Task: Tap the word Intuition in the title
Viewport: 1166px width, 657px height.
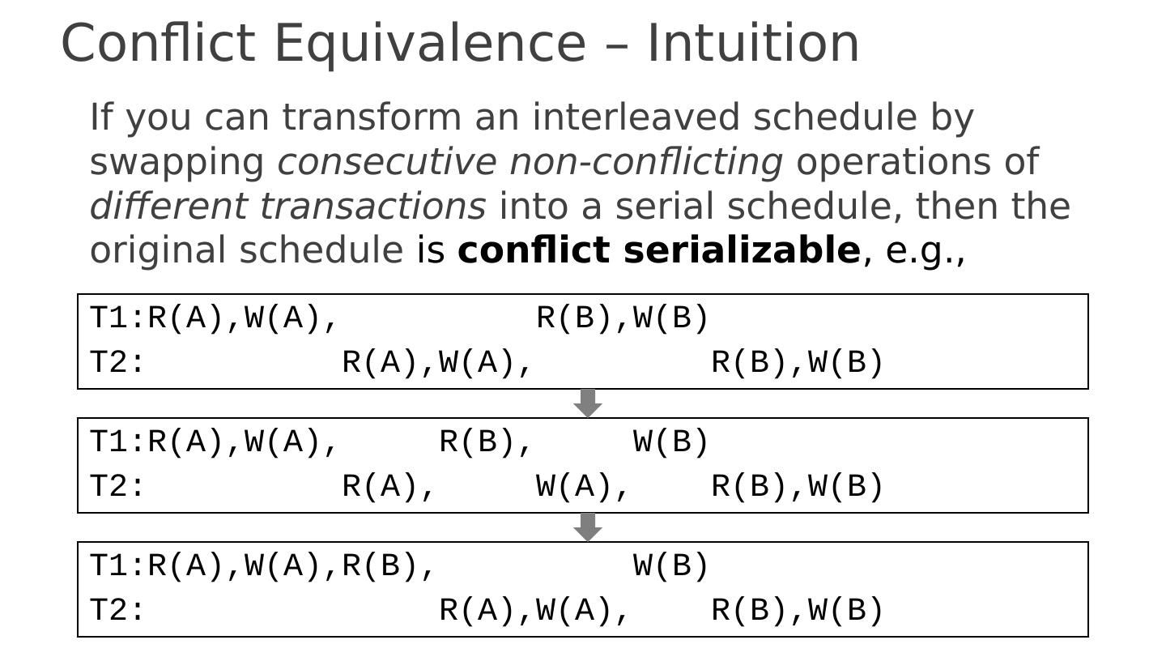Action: pos(753,44)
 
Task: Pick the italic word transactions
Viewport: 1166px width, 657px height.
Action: pos(372,206)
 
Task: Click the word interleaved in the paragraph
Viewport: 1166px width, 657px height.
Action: pos(636,117)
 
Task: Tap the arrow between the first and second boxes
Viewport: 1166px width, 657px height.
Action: pos(588,403)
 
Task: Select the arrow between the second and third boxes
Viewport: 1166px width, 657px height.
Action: pos(588,527)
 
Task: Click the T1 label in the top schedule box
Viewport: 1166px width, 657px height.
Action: pos(109,318)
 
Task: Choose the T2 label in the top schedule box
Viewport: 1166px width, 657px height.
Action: pos(109,363)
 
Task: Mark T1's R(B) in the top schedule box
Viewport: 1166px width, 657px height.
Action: pos(574,318)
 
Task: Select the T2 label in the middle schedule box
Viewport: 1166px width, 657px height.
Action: pos(109,487)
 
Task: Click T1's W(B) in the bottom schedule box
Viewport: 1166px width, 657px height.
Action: pos(671,566)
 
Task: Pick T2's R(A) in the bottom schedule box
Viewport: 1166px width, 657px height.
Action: pos(478,611)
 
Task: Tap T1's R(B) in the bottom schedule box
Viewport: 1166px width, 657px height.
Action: pos(381,566)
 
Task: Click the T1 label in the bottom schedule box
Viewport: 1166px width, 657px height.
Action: pos(109,566)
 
